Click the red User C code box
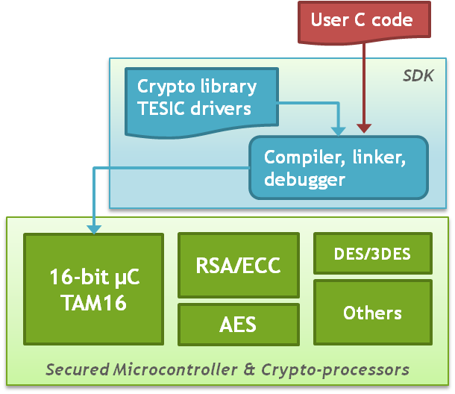[x=361, y=21]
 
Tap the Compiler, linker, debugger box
[x=338, y=168]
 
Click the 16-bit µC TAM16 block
[x=93, y=290]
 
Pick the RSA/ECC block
[x=238, y=266]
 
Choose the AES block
[x=238, y=325]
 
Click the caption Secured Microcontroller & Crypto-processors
[x=227, y=369]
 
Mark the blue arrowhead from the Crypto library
[x=339, y=128]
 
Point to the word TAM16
[x=93, y=302]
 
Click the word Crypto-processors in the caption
[x=348, y=369]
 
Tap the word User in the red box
[x=327, y=19]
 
